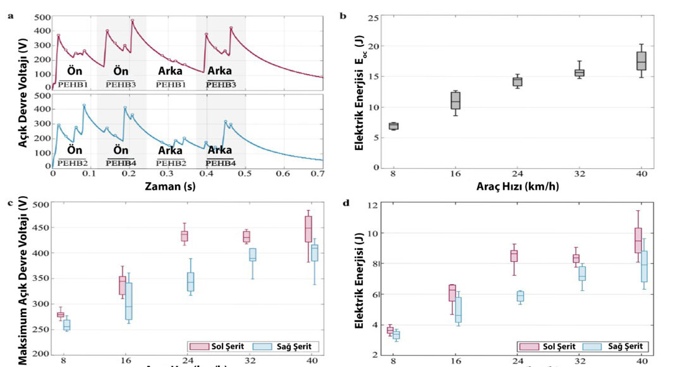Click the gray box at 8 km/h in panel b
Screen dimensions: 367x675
tap(393, 126)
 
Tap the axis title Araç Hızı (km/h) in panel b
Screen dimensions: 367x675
tap(517, 187)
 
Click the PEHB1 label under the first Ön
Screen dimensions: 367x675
tap(73, 84)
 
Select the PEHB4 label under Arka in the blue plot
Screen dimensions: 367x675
tap(219, 163)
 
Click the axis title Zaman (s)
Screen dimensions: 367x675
tap(170, 187)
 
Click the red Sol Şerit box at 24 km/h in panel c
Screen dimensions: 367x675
tap(185, 236)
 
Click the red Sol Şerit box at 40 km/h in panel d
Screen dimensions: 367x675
tap(638, 240)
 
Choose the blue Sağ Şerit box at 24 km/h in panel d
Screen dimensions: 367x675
tap(520, 295)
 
